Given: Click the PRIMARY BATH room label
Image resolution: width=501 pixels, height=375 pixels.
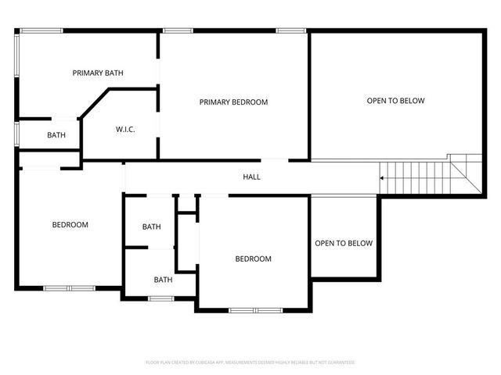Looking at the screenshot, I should (x=98, y=73).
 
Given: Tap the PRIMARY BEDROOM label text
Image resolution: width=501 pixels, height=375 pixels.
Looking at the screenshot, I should (x=233, y=102).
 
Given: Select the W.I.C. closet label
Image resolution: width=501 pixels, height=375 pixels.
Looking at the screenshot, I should (x=125, y=129).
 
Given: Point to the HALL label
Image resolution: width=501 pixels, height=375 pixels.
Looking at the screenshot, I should (x=251, y=177).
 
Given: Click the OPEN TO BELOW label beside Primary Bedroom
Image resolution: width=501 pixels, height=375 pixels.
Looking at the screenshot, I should (x=396, y=100).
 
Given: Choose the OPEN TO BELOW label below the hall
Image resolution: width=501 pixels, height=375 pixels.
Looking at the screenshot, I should (x=344, y=243).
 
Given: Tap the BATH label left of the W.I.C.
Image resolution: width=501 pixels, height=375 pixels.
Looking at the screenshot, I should (x=56, y=135).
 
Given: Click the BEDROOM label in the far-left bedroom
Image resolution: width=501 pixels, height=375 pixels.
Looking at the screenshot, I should (x=70, y=225).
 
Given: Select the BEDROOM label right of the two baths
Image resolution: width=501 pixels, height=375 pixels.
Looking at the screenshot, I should (x=254, y=259).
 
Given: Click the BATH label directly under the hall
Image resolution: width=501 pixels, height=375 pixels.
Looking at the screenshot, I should (x=151, y=227).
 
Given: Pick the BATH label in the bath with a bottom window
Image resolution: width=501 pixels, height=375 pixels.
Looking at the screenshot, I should (x=163, y=280).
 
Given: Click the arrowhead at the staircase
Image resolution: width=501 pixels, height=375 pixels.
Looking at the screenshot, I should (x=381, y=178).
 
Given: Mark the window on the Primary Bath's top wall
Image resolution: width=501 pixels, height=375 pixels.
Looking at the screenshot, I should (x=41, y=30).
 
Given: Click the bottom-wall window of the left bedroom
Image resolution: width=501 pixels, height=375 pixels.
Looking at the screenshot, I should (x=69, y=288).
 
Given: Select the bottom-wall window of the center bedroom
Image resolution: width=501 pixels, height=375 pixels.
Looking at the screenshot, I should (x=255, y=310).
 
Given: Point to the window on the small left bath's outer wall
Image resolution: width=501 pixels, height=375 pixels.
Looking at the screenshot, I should (x=17, y=133).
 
